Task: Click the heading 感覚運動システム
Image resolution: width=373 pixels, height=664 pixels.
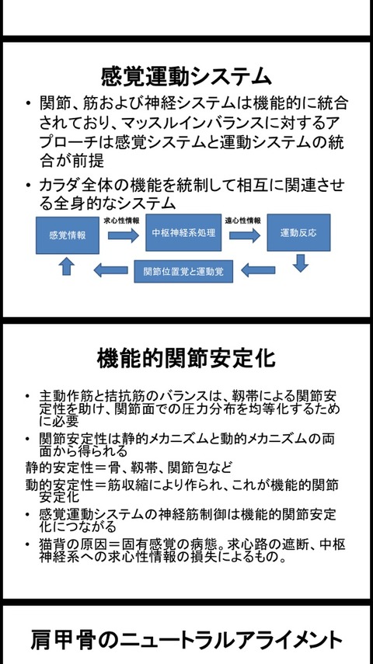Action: point(186,77)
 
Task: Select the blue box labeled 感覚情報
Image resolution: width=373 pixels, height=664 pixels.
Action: point(68,235)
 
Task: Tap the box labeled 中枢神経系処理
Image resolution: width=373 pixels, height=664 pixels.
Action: point(183,232)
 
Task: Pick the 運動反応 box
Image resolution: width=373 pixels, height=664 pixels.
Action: point(298,232)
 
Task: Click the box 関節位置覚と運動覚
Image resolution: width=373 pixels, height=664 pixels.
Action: point(183,271)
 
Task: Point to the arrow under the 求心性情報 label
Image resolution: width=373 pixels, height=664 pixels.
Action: point(123,235)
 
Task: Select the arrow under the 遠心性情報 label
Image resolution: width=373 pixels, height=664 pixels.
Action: point(245,235)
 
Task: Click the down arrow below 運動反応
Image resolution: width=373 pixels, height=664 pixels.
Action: point(301,262)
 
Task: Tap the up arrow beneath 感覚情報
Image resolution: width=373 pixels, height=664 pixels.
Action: point(66,267)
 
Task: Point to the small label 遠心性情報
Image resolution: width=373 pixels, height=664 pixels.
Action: point(243,221)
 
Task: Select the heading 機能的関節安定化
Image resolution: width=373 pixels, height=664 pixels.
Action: point(186,359)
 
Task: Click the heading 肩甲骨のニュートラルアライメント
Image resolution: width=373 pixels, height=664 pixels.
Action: point(186,639)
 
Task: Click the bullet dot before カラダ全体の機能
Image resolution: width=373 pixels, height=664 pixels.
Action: point(28,186)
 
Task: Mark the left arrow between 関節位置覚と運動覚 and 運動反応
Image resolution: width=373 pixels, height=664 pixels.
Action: point(258,269)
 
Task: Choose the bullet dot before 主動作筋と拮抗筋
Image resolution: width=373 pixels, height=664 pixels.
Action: point(28,396)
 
